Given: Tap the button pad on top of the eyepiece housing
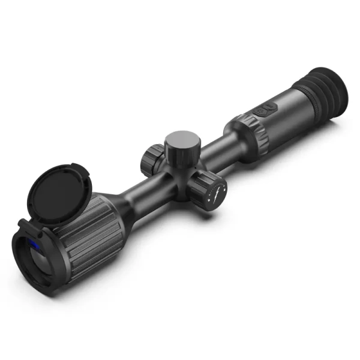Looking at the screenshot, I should pyautogui.click(x=264, y=110).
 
